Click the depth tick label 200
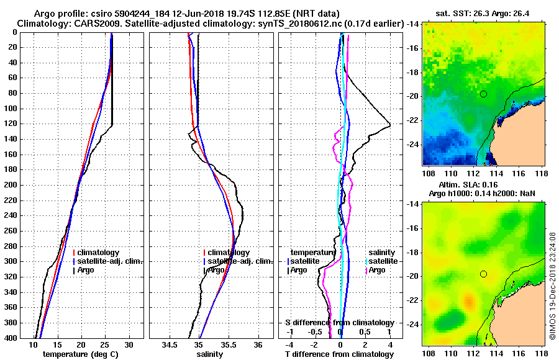pyautogui.click(x=11, y=185)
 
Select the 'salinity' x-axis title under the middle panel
pyautogui.click(x=211, y=354)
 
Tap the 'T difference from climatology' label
pyautogui.click(x=339, y=354)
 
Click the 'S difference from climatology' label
pyautogui.click(x=339, y=323)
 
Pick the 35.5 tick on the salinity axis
pyautogui.click(x=228, y=344)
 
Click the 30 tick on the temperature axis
pyautogui.click(x=129, y=344)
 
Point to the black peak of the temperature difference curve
pyautogui.click(x=389, y=126)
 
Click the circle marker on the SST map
pyautogui.click(x=483, y=94)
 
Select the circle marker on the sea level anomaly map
pyautogui.click(x=483, y=274)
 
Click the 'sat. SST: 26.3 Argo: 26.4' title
pyautogui.click(x=484, y=13)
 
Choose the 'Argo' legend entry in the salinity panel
pyautogui.click(x=216, y=270)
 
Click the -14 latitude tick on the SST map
pyautogui.click(x=412, y=24)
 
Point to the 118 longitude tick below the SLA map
pyautogui.click(x=540, y=353)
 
